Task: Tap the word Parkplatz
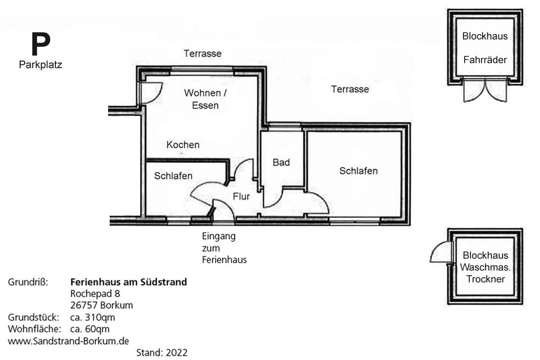[41, 65]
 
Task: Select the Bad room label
[281, 162]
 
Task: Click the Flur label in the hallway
[241, 197]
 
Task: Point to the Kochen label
[183, 144]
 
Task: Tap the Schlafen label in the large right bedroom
[359, 171]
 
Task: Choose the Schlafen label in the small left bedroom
[173, 176]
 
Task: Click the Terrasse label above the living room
[202, 53]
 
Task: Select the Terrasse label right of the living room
[350, 89]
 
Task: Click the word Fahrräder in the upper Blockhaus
[485, 60]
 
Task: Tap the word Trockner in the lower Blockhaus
[486, 279]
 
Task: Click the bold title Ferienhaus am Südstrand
[128, 282]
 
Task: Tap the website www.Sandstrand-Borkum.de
[69, 341]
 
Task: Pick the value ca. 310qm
[92, 317]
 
